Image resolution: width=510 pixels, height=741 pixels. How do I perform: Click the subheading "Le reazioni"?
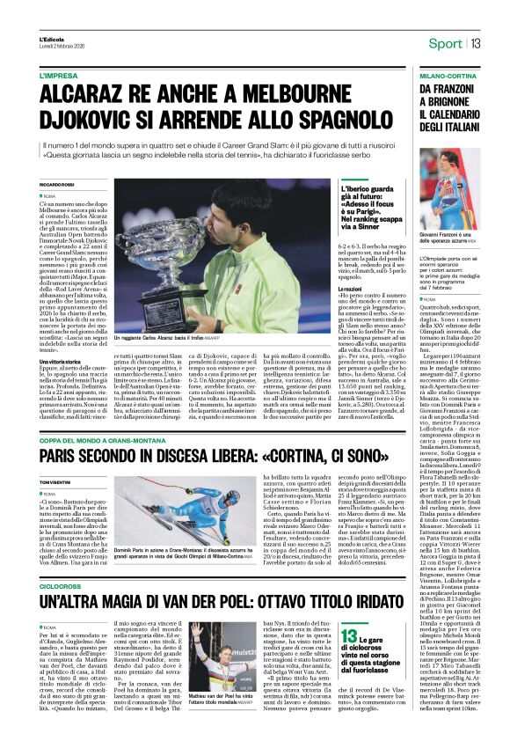pyautogui.click(x=355, y=312)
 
